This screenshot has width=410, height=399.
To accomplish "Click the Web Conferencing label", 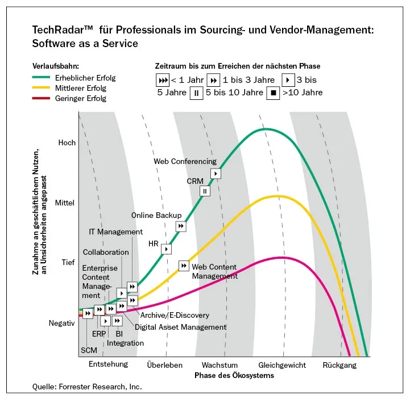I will [185, 161].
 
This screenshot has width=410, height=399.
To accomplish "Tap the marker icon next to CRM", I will [205, 191].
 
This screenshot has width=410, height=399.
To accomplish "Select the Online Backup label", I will [156, 215].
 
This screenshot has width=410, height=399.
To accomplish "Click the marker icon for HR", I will [166, 249].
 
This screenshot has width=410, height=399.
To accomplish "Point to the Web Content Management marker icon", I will [184, 265].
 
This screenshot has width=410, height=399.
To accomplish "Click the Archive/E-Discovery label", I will [175, 315].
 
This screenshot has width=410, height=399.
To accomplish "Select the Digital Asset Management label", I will [180, 327].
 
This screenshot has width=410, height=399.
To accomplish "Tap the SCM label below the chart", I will [89, 350].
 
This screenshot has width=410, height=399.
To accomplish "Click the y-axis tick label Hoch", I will [67, 142].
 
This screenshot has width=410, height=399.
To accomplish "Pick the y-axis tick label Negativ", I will [62, 323].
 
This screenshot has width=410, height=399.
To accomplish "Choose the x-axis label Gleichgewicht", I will [282, 365].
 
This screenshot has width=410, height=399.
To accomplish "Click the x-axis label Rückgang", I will [339, 365].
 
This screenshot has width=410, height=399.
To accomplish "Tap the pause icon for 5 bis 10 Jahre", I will [196, 93].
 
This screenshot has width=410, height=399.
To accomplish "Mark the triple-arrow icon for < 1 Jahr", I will [162, 80].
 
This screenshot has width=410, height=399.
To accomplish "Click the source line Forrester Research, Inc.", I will [87, 387].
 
